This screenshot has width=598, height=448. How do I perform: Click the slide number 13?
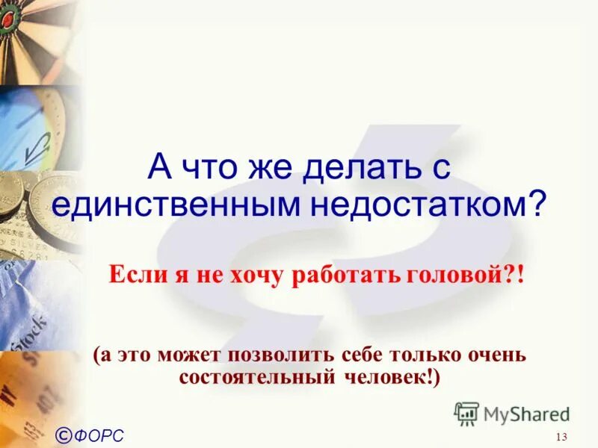(562, 437)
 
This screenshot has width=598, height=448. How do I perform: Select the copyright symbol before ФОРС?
(64, 434)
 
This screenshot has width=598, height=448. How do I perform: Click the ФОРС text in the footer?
(99, 435)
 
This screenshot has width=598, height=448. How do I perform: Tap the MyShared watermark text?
(526, 414)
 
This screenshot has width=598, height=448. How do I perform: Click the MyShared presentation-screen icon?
(466, 414)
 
